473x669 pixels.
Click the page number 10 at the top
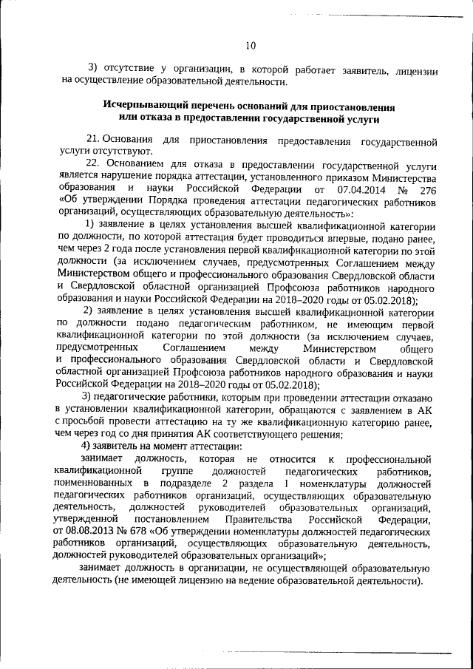click(251, 46)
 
